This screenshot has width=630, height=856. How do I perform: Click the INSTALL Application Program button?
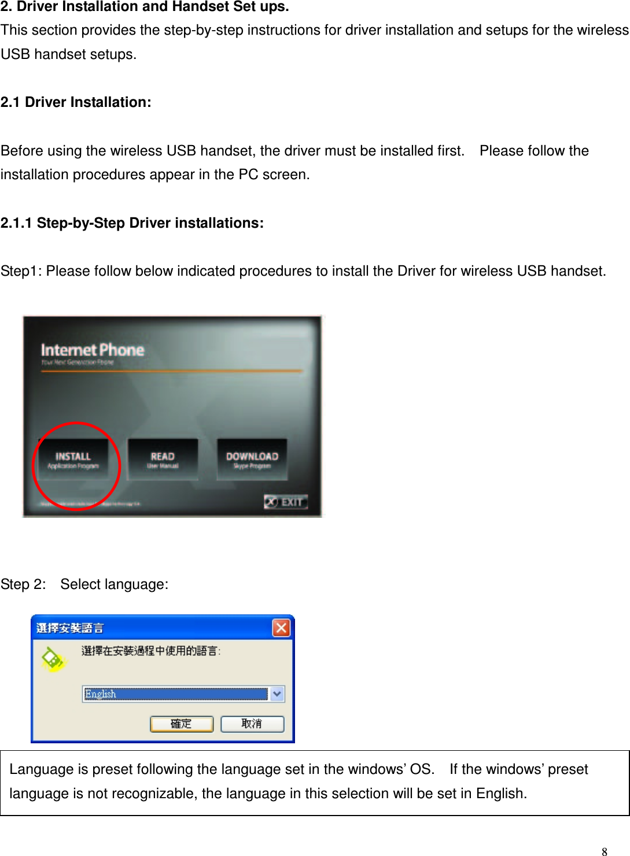73,460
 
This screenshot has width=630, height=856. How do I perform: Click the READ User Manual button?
163,460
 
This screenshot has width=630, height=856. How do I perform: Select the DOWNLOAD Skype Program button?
252,460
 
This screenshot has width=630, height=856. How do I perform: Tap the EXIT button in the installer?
286,502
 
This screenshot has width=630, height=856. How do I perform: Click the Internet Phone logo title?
93,350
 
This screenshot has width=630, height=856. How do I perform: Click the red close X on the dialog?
281,628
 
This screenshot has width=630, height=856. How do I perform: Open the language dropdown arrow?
278,694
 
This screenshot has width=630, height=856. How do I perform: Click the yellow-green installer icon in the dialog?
53,659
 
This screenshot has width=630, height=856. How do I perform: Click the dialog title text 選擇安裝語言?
70,628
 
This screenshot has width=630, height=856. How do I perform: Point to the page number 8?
605,851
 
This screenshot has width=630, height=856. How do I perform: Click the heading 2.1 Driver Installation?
76,102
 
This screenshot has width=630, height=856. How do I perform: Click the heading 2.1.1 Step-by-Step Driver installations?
132,223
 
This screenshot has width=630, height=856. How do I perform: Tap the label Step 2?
23,584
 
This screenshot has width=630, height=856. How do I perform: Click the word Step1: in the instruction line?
21,271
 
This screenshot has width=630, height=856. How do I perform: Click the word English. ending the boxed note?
501,794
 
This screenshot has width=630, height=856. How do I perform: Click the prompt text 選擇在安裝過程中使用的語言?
150,651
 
